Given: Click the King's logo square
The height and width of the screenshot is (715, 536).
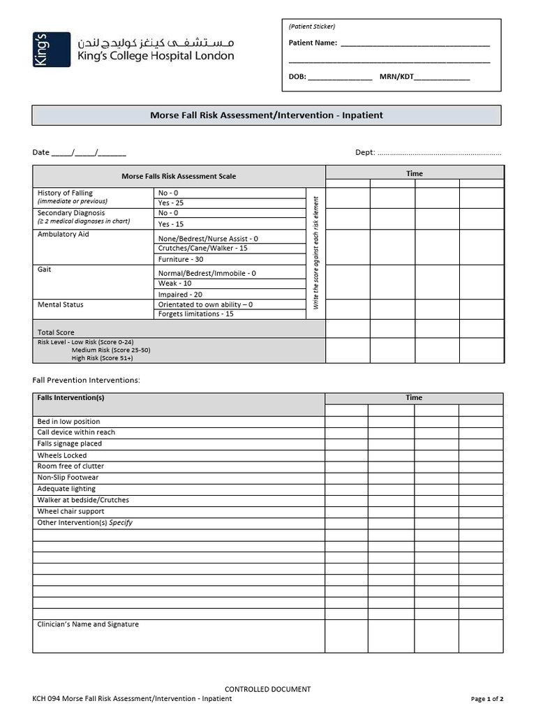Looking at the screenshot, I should coord(51,50).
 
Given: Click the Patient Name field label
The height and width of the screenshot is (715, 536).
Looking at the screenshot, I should coord(313,43).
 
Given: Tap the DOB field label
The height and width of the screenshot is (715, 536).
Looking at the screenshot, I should coord(297,77).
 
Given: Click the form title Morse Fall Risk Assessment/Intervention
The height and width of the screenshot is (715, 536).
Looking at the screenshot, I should coord(267,115).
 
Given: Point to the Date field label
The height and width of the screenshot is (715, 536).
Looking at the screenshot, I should coord(40,152).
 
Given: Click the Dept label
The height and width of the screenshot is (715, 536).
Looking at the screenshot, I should coord(365,152).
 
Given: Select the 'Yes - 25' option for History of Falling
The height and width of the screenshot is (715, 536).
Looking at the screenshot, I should coord(170,202).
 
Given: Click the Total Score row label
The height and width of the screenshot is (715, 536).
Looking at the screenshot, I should coord(56,332).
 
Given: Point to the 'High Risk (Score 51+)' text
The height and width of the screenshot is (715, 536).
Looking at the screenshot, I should coord(102,358).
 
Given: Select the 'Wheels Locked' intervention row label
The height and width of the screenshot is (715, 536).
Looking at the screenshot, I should coord(62,455).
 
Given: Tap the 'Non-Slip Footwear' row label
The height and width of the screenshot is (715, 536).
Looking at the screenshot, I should coord(68,478).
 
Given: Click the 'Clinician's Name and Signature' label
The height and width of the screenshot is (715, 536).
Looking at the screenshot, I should coord(88,624).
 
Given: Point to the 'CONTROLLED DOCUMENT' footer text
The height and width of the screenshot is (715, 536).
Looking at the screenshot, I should coord(267,689).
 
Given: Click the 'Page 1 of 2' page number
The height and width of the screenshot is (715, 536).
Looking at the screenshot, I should coord(486,699).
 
